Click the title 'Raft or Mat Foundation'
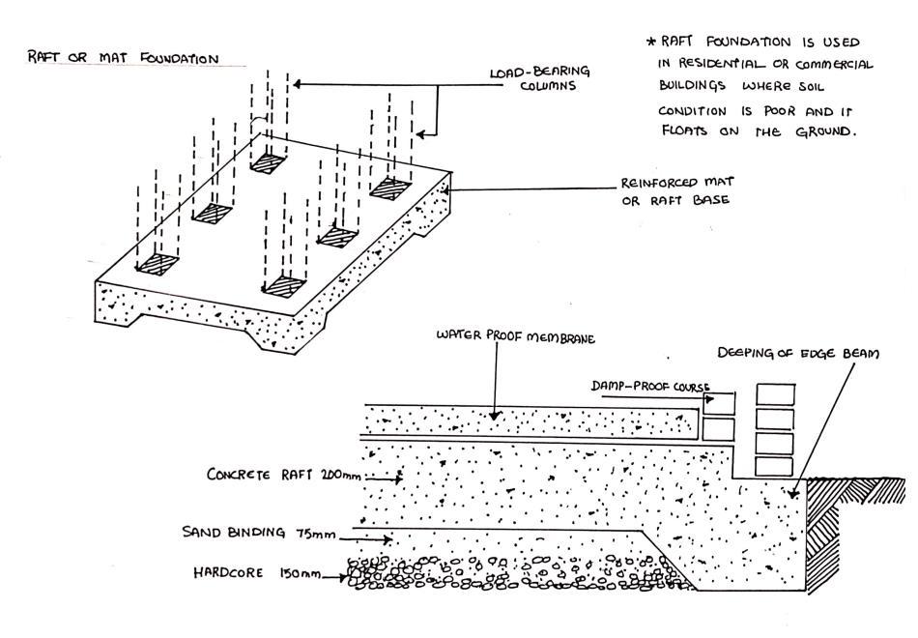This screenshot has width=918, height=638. (123, 59)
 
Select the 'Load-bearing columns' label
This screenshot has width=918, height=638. (538, 78)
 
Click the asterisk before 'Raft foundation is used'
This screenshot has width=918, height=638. (650, 43)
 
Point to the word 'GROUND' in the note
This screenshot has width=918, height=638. (822, 132)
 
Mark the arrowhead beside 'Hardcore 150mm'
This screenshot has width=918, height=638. (345, 578)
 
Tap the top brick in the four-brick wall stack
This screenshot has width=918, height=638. (777, 395)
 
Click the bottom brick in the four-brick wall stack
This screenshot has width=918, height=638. (777, 466)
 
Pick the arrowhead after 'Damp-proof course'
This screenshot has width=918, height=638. (710, 396)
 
